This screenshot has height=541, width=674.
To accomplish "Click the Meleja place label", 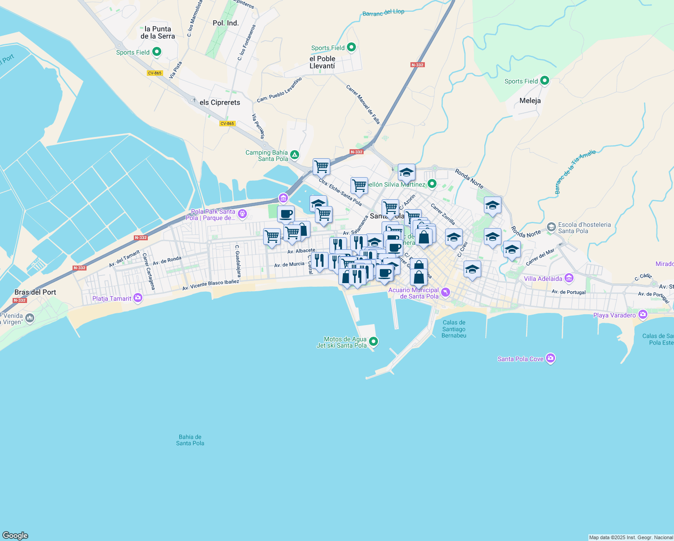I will (530, 101).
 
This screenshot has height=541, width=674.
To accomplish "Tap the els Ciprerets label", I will (220, 102).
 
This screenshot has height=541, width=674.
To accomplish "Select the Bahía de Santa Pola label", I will (190, 440).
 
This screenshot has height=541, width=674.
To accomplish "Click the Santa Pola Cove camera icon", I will (550, 358).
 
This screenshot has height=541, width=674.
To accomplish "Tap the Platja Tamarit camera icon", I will (138, 298).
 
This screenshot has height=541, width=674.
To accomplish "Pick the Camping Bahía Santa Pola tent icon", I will (295, 155).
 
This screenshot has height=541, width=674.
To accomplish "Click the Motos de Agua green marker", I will (373, 341).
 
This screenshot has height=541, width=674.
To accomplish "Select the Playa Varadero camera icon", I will (642, 314).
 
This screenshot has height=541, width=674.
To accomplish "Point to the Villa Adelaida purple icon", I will (569, 278).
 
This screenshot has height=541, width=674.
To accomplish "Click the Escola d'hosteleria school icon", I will (551, 226).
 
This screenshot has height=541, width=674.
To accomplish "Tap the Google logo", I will (15, 535).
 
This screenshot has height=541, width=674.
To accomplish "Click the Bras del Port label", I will (35, 292).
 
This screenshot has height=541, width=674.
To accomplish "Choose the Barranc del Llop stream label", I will (383, 13).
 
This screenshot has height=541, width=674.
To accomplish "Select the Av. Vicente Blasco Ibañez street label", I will (210, 284).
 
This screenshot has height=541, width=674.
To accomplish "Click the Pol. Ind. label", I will (226, 23).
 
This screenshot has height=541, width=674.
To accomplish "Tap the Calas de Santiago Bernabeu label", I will (454, 329).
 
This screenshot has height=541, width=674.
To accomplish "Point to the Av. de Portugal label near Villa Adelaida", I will (569, 292).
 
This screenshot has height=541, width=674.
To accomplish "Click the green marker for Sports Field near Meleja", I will (545, 81).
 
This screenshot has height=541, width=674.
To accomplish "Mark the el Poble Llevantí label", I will (322, 62).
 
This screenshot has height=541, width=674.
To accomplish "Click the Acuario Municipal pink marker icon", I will (446, 293).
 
